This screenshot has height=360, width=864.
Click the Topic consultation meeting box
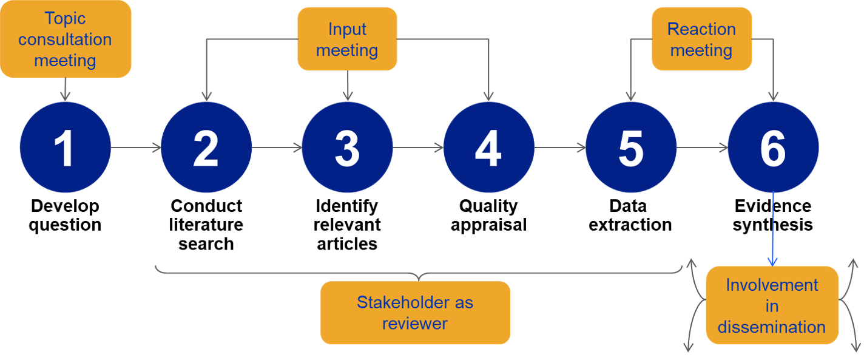coord(66,39)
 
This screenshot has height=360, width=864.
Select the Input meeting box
coord(347,39)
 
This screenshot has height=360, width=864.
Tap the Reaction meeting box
coord(701,39)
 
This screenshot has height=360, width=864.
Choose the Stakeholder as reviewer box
coord(415,313)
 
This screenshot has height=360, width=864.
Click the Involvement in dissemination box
coord(772,305)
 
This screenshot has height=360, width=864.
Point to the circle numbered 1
coord(65,148)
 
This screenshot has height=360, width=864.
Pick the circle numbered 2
coord(206,148)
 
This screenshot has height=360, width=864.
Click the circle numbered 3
coord(348,148)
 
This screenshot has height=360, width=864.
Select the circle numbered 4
coord(488,148)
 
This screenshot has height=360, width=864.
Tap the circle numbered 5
coord(631,148)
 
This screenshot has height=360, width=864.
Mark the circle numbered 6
coord(773,148)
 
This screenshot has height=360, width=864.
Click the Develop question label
coord(65,216)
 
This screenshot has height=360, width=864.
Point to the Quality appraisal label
coord(488,216)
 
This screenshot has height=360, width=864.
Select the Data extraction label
coord(630,216)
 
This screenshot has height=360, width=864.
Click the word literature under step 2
coord(206,225)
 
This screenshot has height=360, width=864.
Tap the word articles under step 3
coord(347,244)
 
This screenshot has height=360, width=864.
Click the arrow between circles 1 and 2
coord(136,148)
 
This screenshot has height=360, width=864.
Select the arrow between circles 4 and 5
coord(560,148)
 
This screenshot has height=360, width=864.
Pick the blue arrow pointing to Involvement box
coord(772,228)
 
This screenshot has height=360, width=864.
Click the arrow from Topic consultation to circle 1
coord(65,89)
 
